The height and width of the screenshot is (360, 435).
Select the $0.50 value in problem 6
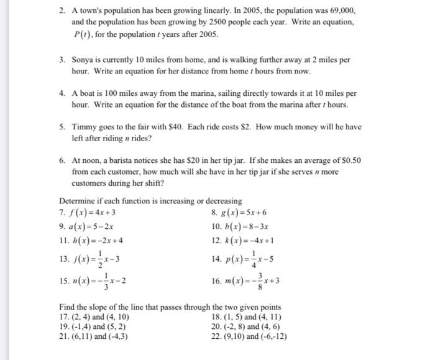pyautogui.click(x=349, y=160)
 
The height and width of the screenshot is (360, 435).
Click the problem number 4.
pyautogui.click(x=63, y=94)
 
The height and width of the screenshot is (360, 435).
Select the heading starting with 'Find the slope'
pyautogui.click(x=170, y=307)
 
